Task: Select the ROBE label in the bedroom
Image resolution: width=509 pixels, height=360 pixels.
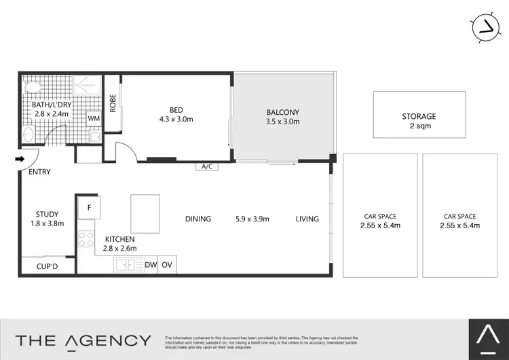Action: pyautogui.click(x=113, y=103)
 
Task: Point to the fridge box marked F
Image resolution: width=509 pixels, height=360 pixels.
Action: pyautogui.click(x=88, y=207)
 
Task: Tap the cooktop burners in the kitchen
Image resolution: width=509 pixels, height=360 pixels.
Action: pyautogui.click(x=86, y=240)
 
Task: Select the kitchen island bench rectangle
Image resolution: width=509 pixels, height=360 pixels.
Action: pyautogui.click(x=145, y=214)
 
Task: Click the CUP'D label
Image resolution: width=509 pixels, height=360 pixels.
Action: pyautogui.click(x=47, y=266)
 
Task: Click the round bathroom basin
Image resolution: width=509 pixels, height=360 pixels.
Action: pyautogui.click(x=28, y=134)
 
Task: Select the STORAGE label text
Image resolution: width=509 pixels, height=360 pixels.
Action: pyautogui.click(x=419, y=116)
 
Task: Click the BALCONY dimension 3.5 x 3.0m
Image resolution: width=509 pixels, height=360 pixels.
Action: pyautogui.click(x=283, y=122)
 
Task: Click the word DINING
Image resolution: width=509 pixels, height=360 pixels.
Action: pyautogui.click(x=197, y=219)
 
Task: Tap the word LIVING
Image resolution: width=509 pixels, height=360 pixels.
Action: pyautogui.click(x=307, y=219)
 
